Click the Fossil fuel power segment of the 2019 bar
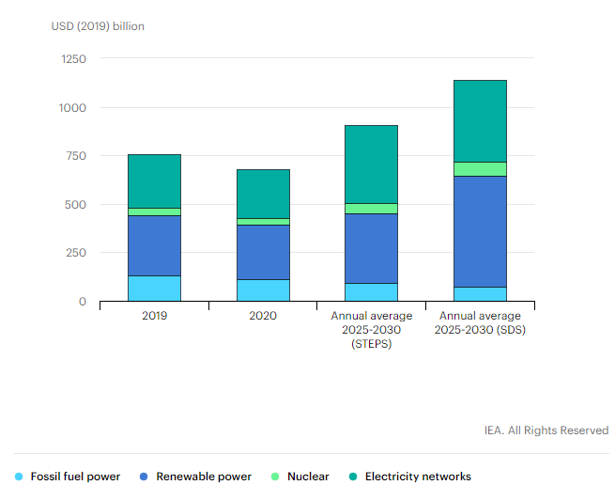(x=154, y=288)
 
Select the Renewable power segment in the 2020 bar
(x=263, y=252)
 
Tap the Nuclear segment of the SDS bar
(x=480, y=169)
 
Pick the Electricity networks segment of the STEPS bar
(x=371, y=164)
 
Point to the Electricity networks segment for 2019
(x=154, y=180)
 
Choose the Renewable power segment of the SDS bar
(x=480, y=231)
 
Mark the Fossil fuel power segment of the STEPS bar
(x=371, y=291)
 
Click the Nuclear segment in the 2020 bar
(x=263, y=221)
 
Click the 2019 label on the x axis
(x=155, y=317)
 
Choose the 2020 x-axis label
(x=263, y=317)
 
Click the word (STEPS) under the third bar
(x=371, y=344)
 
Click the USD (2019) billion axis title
(x=98, y=26)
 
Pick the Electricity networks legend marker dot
(x=353, y=477)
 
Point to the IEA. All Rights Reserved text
(x=546, y=430)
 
